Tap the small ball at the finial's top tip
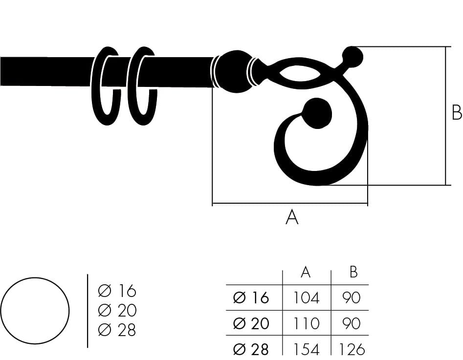click(x=353, y=56)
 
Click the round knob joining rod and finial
click(x=233, y=72)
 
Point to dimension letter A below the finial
click(x=292, y=217)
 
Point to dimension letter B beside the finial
click(x=457, y=112)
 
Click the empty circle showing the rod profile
click(x=35, y=311)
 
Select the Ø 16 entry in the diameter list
click(x=117, y=291)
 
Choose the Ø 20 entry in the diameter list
click(x=117, y=310)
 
